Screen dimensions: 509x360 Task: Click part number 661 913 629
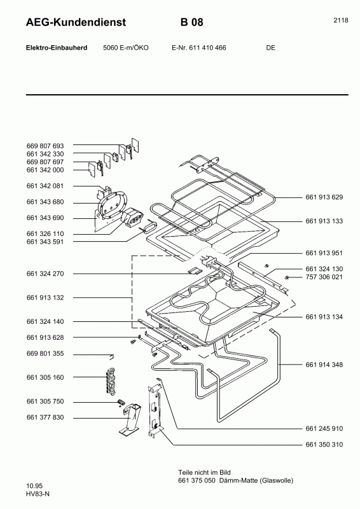pyautogui.click(x=324, y=197)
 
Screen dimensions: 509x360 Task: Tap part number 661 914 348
pyautogui.click(x=324, y=365)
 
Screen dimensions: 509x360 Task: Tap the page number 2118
pyautogui.click(x=340, y=20)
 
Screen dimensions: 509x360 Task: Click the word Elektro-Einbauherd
pyautogui.click(x=52, y=48)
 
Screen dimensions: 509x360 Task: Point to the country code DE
pyautogui.click(x=271, y=48)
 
